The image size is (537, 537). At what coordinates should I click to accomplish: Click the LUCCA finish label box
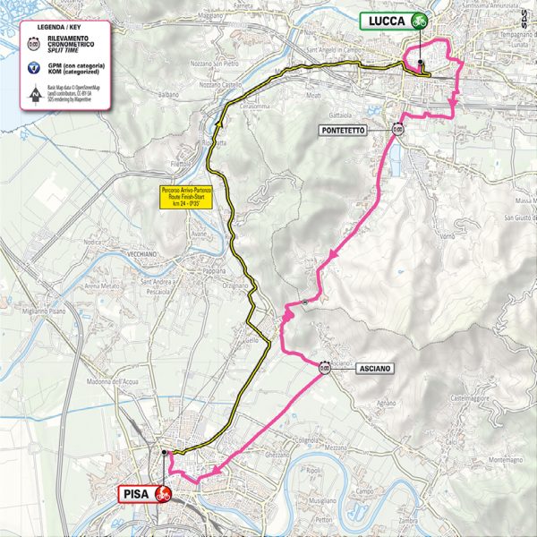[386, 20]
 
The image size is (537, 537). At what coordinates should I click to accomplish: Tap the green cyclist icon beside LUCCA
[419, 20]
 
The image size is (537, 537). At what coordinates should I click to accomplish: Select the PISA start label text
[135, 492]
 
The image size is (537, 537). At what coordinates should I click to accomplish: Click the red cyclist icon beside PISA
[163, 492]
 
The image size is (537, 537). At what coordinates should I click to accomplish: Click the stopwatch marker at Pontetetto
[396, 129]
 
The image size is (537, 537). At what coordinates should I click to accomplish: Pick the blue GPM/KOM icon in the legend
[34, 68]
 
